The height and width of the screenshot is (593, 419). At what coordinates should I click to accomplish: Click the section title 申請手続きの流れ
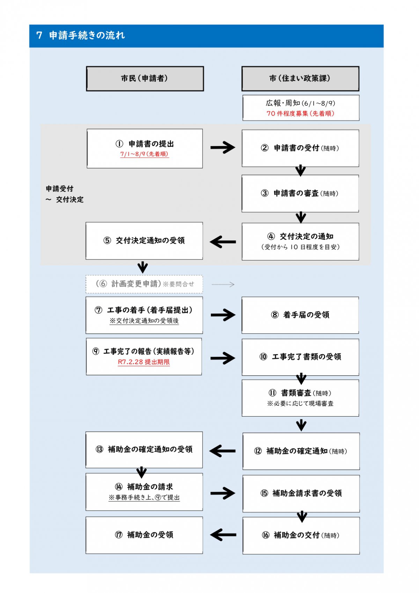[87, 35]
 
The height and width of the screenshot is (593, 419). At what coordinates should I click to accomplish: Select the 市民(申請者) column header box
[145, 79]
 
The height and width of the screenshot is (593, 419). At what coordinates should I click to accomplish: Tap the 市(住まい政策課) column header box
[300, 79]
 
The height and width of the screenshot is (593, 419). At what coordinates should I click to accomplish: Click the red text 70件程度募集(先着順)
[300, 114]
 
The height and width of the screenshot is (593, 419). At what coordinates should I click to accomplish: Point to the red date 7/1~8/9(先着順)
[144, 154]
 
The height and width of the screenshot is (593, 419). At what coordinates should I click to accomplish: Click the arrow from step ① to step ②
[223, 147]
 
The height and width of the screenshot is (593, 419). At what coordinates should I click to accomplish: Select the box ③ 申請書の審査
[300, 193]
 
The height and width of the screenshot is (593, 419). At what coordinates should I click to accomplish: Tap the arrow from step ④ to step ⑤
[223, 242]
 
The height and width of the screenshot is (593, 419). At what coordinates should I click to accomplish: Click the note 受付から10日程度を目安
[300, 247]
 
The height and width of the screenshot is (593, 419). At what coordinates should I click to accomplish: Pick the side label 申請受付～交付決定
[65, 194]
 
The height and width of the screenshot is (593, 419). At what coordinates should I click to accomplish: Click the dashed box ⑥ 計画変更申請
[144, 284]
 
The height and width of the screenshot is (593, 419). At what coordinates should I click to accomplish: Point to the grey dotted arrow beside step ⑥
[223, 285]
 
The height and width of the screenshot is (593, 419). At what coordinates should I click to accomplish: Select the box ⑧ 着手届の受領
[300, 315]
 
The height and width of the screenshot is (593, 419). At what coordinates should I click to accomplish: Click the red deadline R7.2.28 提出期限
[144, 362]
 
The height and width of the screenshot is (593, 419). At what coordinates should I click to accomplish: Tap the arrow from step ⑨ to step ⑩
[223, 358]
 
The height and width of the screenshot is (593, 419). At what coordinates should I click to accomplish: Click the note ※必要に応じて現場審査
[300, 403]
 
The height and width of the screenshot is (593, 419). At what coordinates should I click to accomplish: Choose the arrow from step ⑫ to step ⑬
[222, 451]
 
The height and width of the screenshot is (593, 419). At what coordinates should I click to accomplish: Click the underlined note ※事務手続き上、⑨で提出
[144, 497]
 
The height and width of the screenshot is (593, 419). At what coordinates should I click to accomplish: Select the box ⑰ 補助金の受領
[144, 535]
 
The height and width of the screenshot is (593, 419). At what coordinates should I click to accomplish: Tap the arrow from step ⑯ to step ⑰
[223, 535]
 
